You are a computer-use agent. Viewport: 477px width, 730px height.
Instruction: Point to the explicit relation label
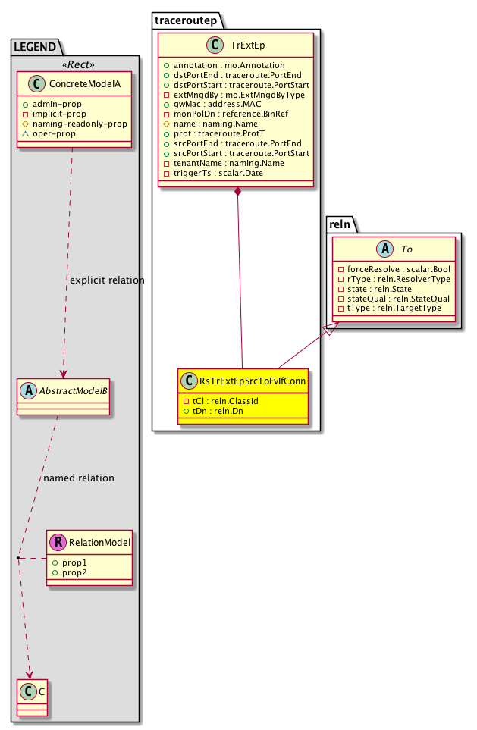105,280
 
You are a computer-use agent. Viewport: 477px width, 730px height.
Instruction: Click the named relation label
79,478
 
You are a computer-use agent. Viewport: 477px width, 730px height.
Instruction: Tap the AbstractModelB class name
72,391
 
